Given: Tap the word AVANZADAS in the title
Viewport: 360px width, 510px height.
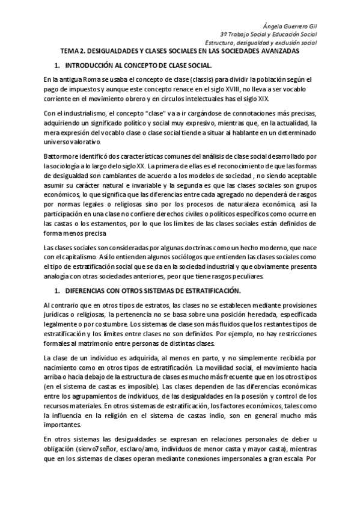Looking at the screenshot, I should click(x=286, y=52).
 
